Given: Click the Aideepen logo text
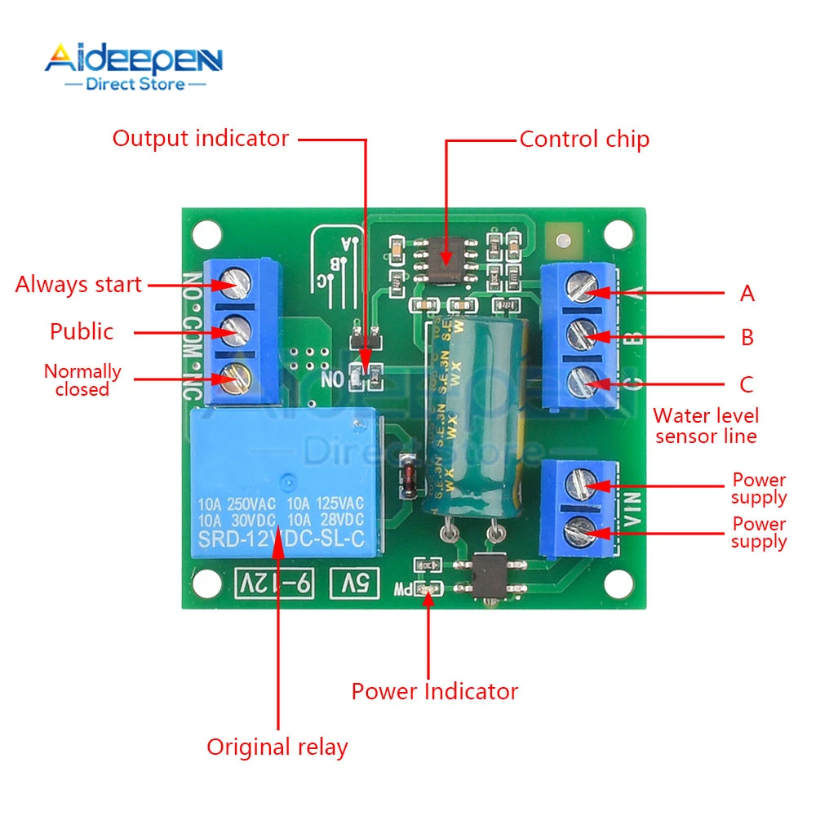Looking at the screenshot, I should (134, 60).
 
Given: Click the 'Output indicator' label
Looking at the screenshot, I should (201, 139).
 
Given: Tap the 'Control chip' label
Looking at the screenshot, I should (584, 140).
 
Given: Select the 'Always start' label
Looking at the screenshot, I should (78, 285).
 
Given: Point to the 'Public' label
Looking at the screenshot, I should (82, 331).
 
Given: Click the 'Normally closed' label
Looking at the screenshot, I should (82, 380).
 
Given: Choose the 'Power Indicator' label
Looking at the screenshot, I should (434, 692).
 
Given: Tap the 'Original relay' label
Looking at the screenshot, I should (277, 747).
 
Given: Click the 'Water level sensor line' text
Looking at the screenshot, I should (706, 426).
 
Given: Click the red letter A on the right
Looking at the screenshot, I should (747, 294).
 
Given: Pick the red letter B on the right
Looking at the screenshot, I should (747, 337).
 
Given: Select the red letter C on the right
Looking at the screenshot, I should (747, 384).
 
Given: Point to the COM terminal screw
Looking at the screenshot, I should (237, 330).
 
